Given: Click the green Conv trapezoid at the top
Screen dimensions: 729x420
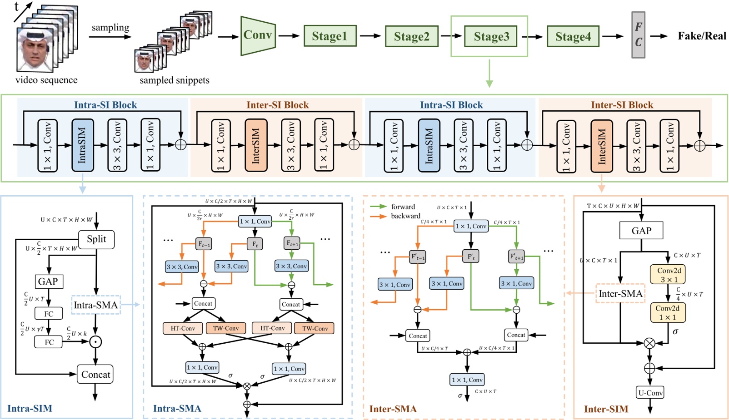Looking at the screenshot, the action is coord(258,35).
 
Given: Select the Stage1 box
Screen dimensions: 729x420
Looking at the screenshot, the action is coord(330,36).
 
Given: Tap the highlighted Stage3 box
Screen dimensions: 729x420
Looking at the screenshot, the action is coord(491,36).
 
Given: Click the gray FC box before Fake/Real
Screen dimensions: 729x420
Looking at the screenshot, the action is coord(638,35).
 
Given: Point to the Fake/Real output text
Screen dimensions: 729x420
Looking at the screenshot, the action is coord(702,36).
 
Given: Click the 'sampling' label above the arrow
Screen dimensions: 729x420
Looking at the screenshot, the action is coord(110,28).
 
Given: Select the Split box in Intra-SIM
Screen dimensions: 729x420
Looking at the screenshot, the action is coord(96,239).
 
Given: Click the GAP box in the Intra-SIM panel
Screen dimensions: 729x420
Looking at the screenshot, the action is coord(48,281).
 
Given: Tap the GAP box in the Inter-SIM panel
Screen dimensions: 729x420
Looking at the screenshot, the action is coord(641,231).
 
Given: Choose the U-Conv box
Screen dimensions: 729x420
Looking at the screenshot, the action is coord(650,393).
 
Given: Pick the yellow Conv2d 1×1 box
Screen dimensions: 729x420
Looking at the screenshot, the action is coord(668,312).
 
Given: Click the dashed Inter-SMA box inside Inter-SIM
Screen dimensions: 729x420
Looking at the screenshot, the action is coord(620,294).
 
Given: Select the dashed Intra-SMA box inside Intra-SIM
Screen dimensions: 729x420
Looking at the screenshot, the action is coord(95,305).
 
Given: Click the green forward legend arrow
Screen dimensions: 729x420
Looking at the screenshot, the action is coord(378,207).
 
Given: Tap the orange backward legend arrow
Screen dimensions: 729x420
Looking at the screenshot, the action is coord(378,216).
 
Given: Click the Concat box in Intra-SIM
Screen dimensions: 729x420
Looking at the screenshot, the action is coord(95,375).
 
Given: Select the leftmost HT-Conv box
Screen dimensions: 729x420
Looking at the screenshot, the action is coord(183,328).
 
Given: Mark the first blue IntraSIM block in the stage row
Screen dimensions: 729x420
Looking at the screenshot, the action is coord(82,145).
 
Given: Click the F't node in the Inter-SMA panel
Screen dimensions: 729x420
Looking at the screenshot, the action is coord(470,257).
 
